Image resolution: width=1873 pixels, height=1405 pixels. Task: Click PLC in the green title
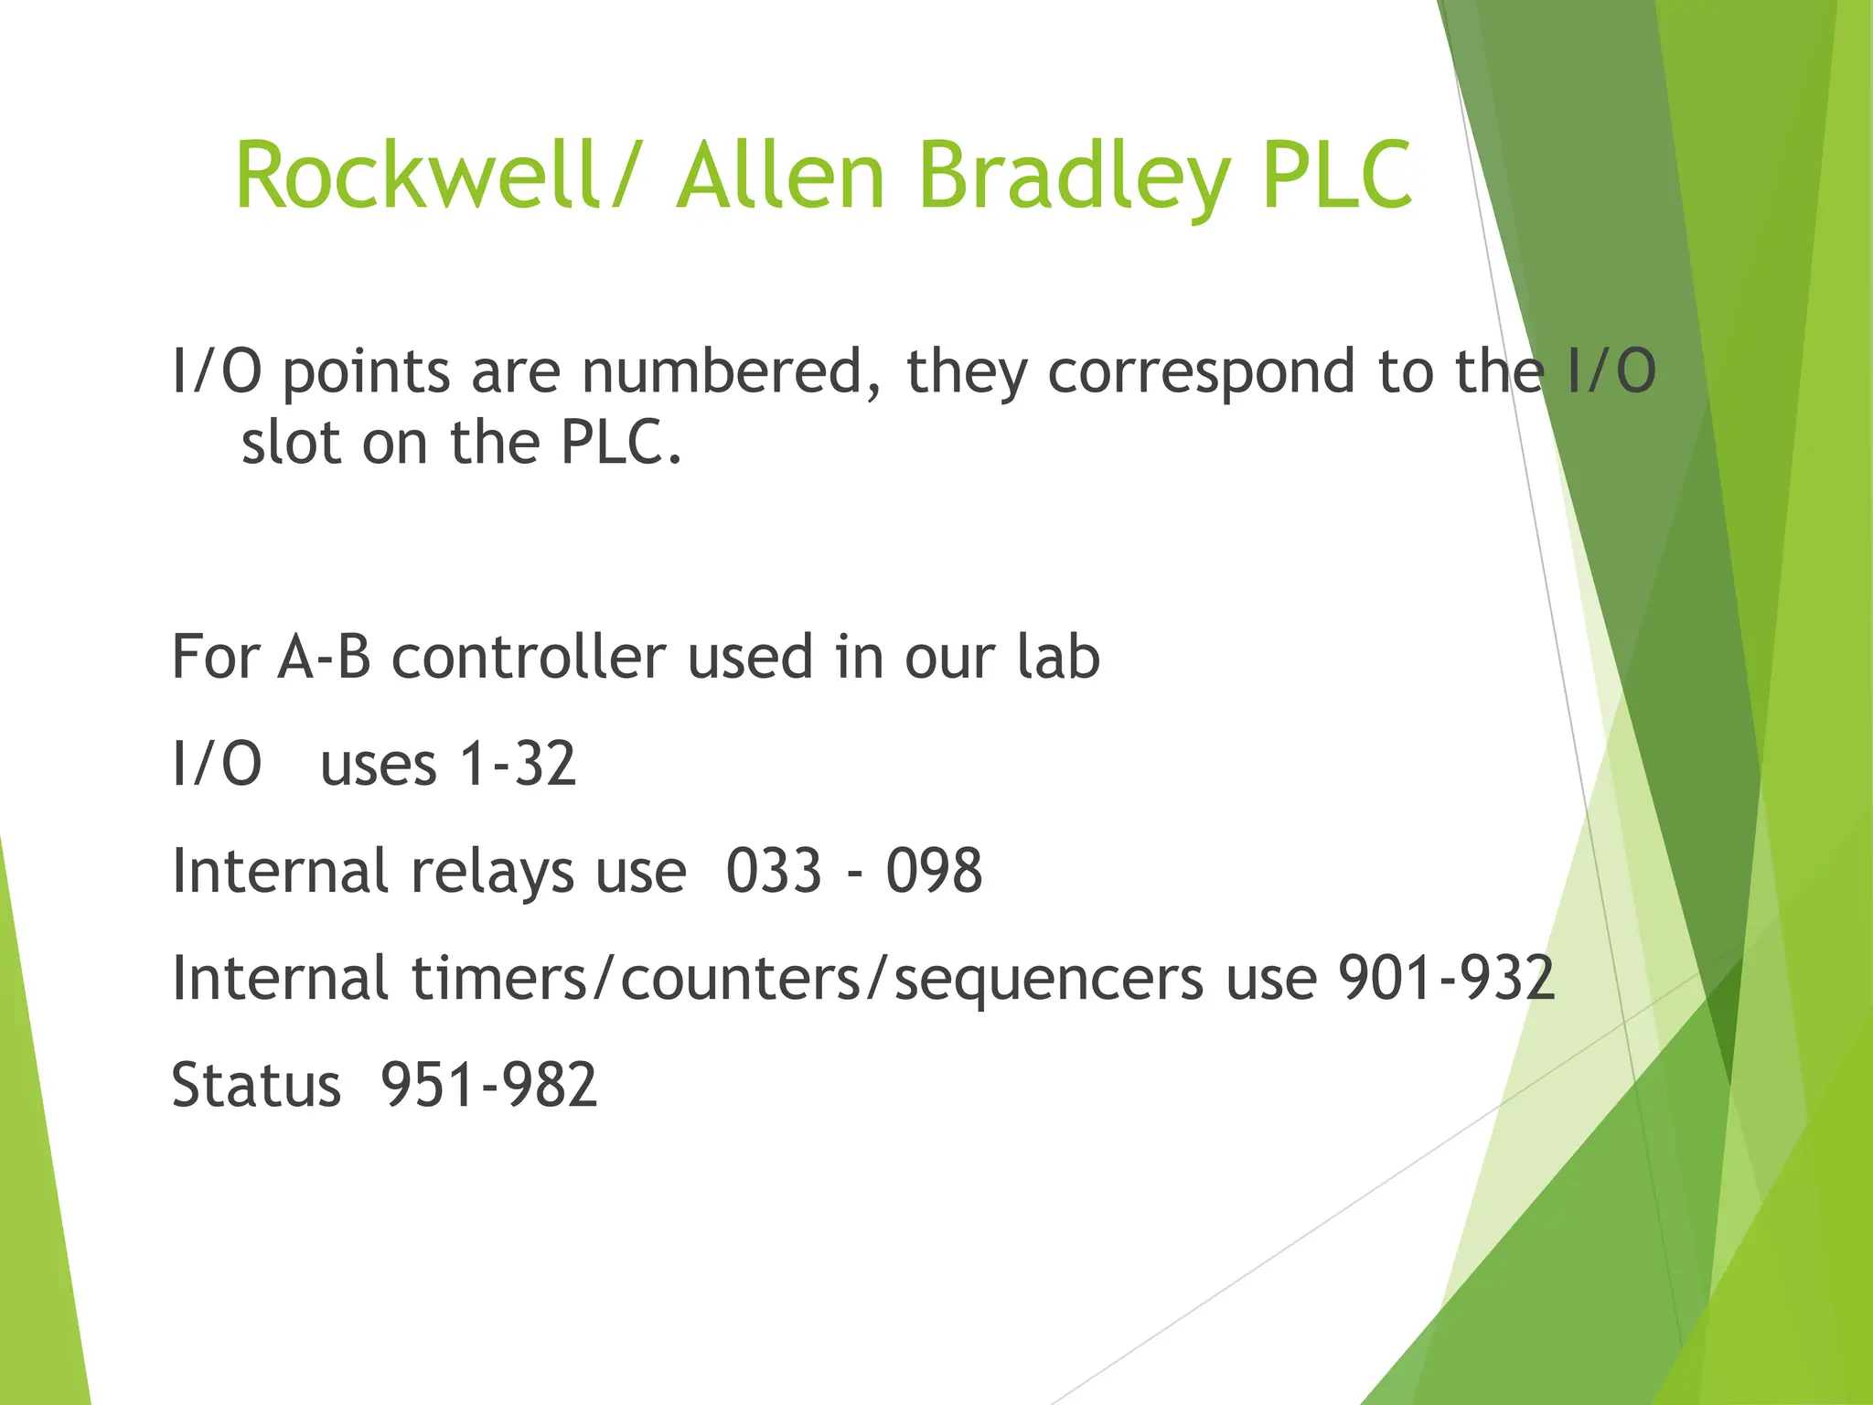coord(1337,175)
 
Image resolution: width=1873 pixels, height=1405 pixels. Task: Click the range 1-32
coord(518,764)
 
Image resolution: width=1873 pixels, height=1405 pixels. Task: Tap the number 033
coord(774,871)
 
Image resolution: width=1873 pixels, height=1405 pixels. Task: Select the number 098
coord(934,871)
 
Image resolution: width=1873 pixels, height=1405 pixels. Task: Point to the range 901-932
coord(1446,978)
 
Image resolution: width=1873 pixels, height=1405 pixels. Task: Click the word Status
coord(256,1085)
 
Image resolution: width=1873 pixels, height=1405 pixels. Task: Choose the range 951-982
coord(488,1085)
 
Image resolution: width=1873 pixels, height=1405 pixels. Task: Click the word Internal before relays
coord(280,871)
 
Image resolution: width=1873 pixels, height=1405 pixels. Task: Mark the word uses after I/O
coord(378,766)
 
